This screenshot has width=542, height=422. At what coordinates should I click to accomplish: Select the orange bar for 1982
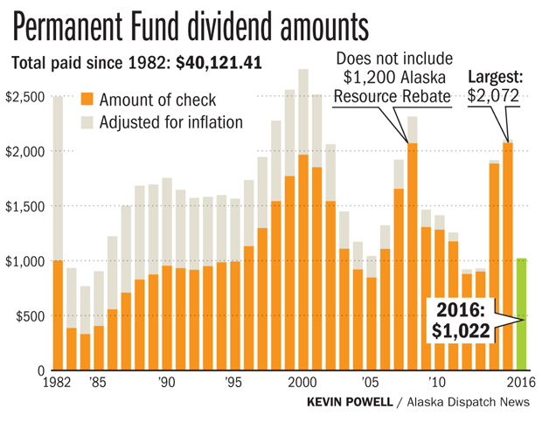[58, 315]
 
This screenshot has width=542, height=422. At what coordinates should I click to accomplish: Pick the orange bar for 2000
[303, 262]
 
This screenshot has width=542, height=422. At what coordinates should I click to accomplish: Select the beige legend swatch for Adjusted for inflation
[87, 121]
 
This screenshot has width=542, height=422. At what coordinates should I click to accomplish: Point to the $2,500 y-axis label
[25, 96]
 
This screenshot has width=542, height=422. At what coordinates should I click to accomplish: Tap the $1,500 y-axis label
[25, 206]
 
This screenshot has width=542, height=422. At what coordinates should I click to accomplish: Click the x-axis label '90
[167, 382]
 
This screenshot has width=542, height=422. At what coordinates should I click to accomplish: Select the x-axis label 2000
[302, 382]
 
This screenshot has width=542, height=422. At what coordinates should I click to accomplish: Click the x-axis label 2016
[520, 382]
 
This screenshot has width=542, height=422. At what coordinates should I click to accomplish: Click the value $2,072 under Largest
[494, 94]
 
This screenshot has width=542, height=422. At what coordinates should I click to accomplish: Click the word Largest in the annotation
[493, 75]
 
